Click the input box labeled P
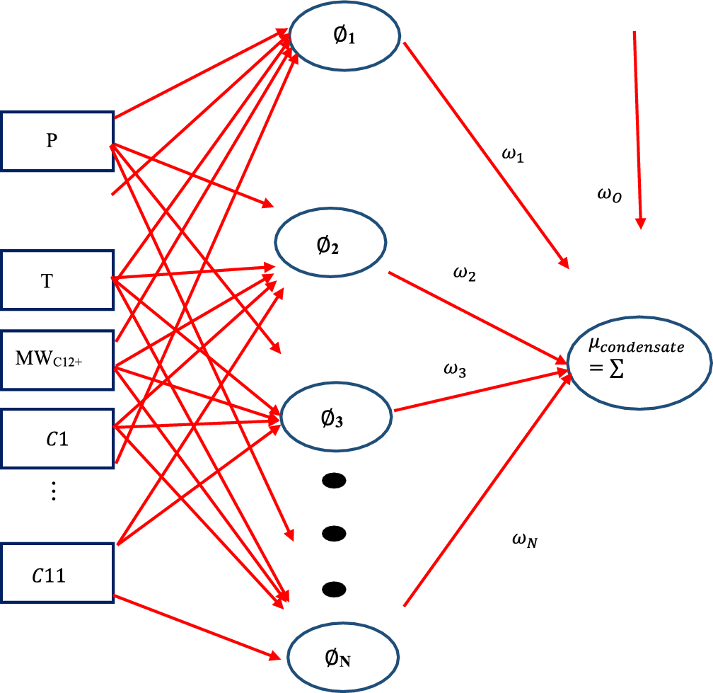[57, 141]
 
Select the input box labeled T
[57, 280]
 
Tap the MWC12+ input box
[57, 360]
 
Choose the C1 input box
[57, 438]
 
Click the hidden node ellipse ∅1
[345, 35]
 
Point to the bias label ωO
[609, 198]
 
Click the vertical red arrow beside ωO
[637, 127]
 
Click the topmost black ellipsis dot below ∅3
[334, 481]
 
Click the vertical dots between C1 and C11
[54, 490]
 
